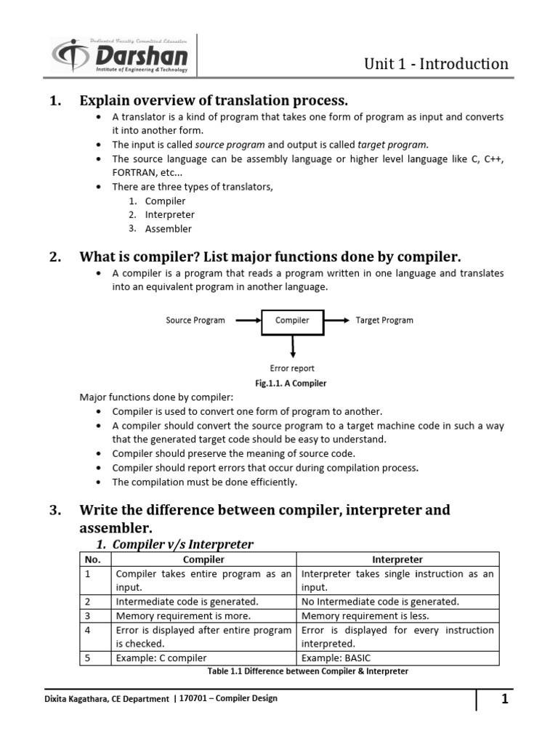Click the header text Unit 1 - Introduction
(436, 64)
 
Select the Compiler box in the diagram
(291, 320)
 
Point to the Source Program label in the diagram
(195, 320)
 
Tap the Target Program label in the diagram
(384, 320)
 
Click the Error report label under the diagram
(292, 368)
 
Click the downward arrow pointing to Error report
(292, 345)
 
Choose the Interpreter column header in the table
(397, 559)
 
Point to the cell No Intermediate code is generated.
(380, 602)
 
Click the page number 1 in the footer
(504, 700)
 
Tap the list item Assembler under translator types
(169, 229)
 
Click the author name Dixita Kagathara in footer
(80, 699)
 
